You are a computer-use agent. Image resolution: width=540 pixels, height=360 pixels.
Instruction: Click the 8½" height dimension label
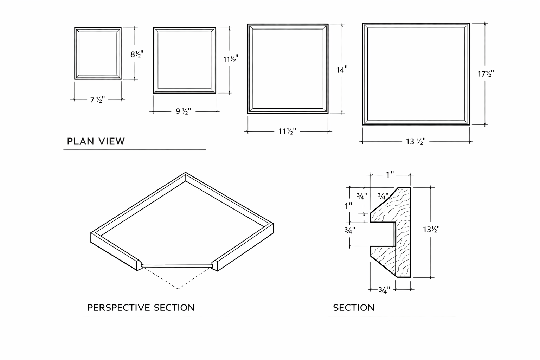pos(137,54)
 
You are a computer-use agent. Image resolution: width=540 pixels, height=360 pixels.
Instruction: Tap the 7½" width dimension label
pos(97,99)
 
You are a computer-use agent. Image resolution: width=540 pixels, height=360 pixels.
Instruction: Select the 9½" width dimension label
pos(183,111)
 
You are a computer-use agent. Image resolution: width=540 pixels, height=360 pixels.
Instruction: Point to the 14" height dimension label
pos(342,70)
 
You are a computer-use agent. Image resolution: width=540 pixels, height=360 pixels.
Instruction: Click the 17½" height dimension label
pos(486,73)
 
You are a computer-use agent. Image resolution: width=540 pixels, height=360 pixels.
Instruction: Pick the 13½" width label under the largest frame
pos(416,141)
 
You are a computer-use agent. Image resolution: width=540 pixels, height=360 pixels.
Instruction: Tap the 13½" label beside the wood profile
pos(431,229)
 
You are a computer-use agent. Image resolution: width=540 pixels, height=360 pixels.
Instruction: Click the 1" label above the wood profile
pos(390,175)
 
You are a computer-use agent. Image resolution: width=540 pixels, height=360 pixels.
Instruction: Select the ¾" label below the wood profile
pos(384,290)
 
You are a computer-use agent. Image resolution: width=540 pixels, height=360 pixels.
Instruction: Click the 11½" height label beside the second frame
pos(231,59)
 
